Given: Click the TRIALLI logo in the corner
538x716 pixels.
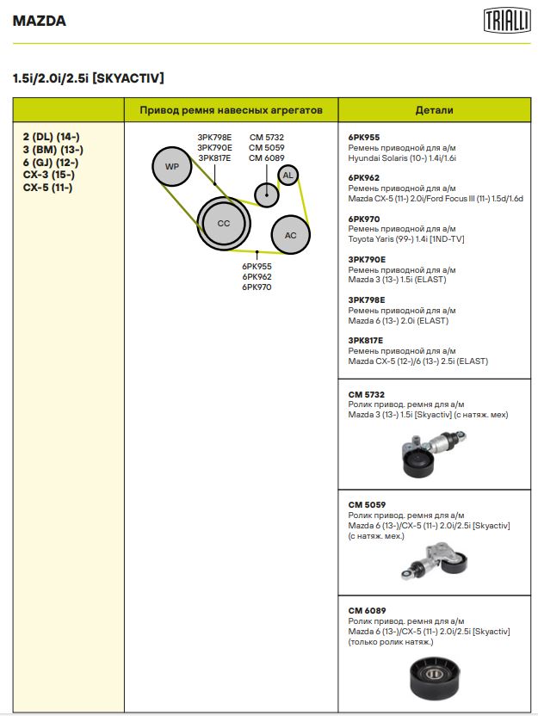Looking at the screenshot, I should pos(506,19).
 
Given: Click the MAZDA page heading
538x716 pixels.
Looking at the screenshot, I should pos(40,21).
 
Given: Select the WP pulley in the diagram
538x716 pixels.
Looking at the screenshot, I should pos(172,167).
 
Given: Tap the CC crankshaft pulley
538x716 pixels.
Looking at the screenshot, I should pos(224,224).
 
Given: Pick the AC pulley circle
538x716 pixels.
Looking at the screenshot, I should pos(290,235).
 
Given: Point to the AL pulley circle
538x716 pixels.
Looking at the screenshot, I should pos(288,175).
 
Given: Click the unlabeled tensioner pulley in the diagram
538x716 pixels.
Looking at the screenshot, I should pos(267,194).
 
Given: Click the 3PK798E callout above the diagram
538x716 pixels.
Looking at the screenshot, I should pos(214,137).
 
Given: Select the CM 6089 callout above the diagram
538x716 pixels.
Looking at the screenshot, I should pos(266,157).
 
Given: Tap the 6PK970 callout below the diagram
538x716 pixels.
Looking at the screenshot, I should pos(257,287).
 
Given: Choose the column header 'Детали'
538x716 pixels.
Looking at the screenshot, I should pos(434,110).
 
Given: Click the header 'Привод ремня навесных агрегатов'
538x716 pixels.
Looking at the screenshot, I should pos(231,110).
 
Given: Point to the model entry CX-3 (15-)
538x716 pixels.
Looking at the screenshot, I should pos(48,175).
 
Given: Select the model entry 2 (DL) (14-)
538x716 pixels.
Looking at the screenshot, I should pos(51,137).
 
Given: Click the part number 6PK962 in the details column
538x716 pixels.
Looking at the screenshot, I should pos(364,178).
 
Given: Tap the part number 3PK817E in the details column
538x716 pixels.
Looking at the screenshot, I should pos(367,341).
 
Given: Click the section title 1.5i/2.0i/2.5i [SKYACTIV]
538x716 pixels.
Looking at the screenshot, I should pos(89,78).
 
